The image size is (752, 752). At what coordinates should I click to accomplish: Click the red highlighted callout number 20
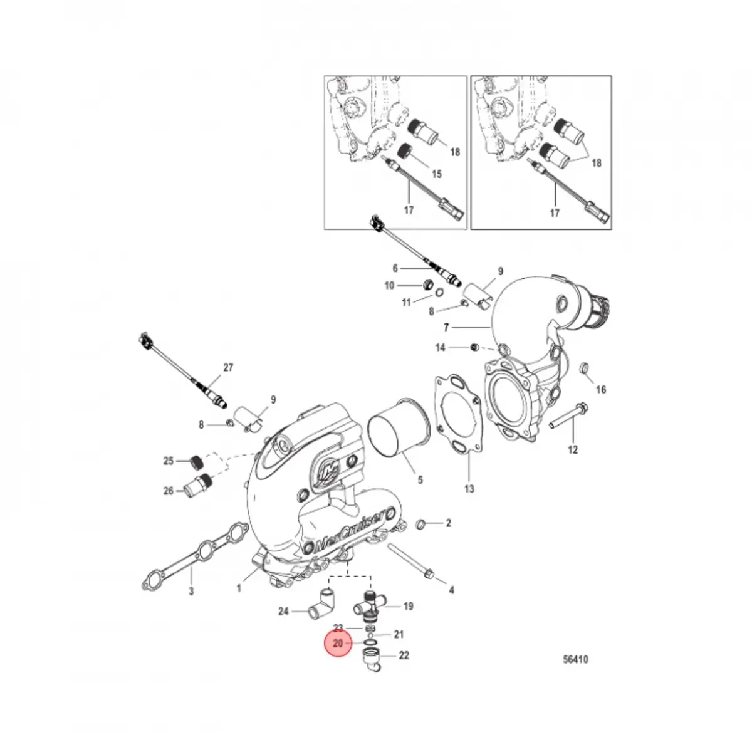[338, 644]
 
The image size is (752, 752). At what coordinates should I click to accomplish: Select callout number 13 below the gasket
[469, 489]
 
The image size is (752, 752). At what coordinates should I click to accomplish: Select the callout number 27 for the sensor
[227, 368]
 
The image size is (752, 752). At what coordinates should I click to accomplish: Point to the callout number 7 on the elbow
[446, 327]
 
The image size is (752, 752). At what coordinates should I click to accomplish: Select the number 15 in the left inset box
[436, 174]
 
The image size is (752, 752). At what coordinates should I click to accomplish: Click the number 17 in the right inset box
[555, 214]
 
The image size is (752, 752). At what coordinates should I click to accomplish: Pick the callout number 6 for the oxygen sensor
[395, 268]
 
